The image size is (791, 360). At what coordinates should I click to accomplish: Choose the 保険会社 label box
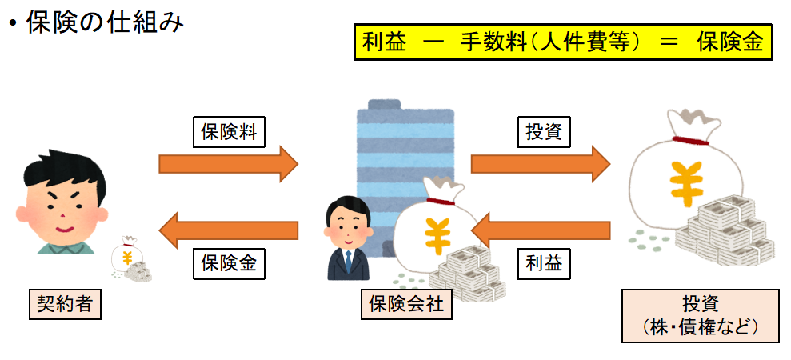tap(406, 304)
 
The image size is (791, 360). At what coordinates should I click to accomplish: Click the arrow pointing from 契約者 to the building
tap(228, 164)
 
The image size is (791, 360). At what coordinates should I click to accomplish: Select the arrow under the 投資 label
tap(540, 164)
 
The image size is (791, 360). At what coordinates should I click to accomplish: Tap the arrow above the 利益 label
tap(540, 232)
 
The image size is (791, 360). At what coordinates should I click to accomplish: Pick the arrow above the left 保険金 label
tap(228, 232)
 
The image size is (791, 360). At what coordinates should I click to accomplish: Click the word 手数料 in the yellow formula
tap(489, 41)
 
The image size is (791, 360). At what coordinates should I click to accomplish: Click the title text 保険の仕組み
tap(105, 22)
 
